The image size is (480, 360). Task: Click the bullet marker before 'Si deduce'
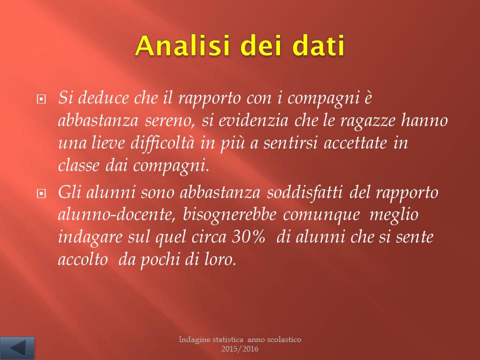click(x=41, y=99)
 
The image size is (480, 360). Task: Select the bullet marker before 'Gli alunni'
click(x=41, y=193)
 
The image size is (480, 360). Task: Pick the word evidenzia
click(x=253, y=120)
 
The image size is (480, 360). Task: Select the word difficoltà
click(x=162, y=142)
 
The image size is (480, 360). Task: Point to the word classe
click(x=78, y=165)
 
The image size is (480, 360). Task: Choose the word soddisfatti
click(x=304, y=192)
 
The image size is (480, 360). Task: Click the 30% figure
click(x=248, y=237)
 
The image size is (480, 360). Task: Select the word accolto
click(x=82, y=259)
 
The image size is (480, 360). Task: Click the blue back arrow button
click(x=17, y=348)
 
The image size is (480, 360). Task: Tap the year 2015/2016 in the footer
click(x=240, y=348)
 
